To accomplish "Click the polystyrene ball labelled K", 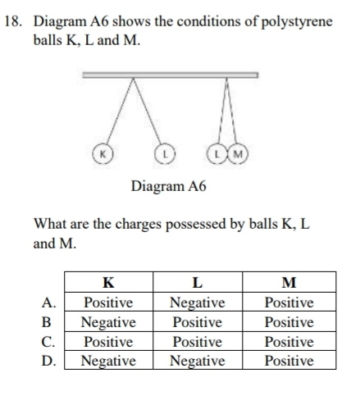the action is coord(103,153).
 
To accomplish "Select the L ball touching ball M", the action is coord(217,153).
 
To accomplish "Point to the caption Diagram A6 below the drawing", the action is coord(169,186).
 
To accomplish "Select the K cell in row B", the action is coord(107,322).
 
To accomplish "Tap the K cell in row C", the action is coord(107,341).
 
